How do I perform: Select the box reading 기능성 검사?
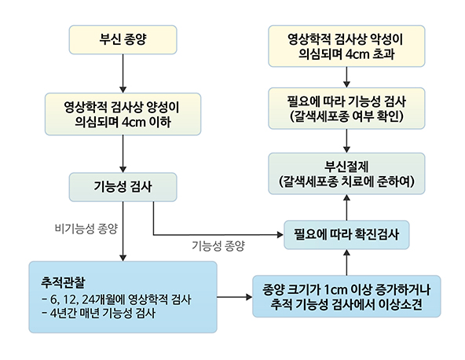(123, 186)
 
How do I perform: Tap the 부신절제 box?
(346, 173)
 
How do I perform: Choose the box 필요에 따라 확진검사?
(346, 234)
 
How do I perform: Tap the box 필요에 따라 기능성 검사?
(346, 108)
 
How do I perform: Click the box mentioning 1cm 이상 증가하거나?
(346, 296)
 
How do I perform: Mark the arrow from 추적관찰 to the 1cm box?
(234, 297)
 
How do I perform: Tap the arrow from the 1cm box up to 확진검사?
(346, 262)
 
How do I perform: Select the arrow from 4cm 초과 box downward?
(346, 77)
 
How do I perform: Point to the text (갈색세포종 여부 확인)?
(346, 116)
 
